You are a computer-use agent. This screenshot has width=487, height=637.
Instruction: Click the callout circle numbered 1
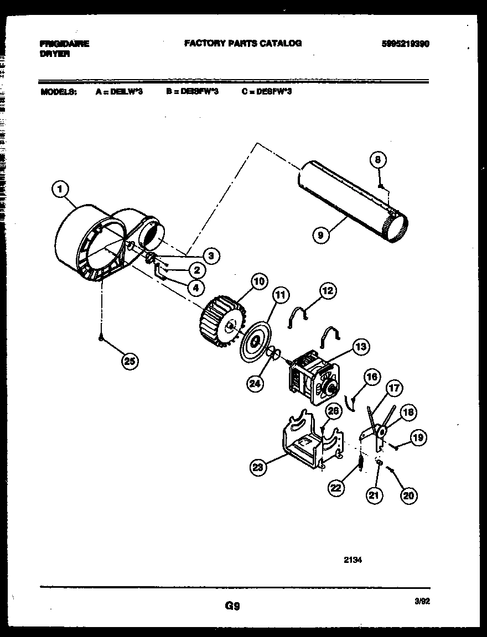(60, 190)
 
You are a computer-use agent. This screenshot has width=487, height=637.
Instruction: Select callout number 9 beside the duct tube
(320, 235)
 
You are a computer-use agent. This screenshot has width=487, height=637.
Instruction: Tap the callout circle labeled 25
(129, 362)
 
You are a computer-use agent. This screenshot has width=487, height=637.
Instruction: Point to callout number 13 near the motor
(360, 347)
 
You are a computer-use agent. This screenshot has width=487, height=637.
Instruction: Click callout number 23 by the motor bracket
(257, 468)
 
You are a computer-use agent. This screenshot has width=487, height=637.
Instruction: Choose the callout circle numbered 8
(377, 160)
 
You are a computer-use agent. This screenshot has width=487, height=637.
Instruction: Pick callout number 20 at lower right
(408, 495)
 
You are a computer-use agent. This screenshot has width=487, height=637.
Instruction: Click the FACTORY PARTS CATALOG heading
(243, 43)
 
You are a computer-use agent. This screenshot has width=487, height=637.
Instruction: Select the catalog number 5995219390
(405, 44)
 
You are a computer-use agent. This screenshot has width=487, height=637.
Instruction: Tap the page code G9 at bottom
(232, 606)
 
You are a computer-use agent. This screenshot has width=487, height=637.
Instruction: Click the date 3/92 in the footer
(422, 601)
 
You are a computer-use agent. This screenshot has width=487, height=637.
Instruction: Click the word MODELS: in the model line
(59, 92)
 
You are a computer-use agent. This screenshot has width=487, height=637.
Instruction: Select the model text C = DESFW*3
(266, 92)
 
